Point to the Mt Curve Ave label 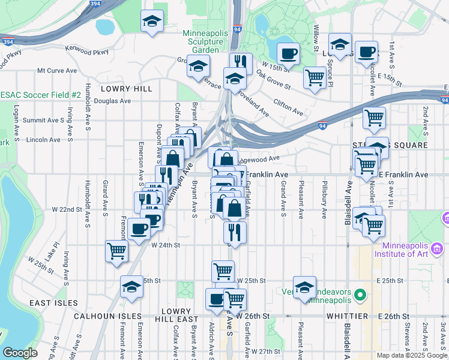(57, 70)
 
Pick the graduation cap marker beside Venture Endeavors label (304, 287)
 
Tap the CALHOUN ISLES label (107, 316)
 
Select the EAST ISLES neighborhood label (53, 303)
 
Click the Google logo (20, 353)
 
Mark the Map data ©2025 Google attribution (412, 355)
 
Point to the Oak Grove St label (273, 82)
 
